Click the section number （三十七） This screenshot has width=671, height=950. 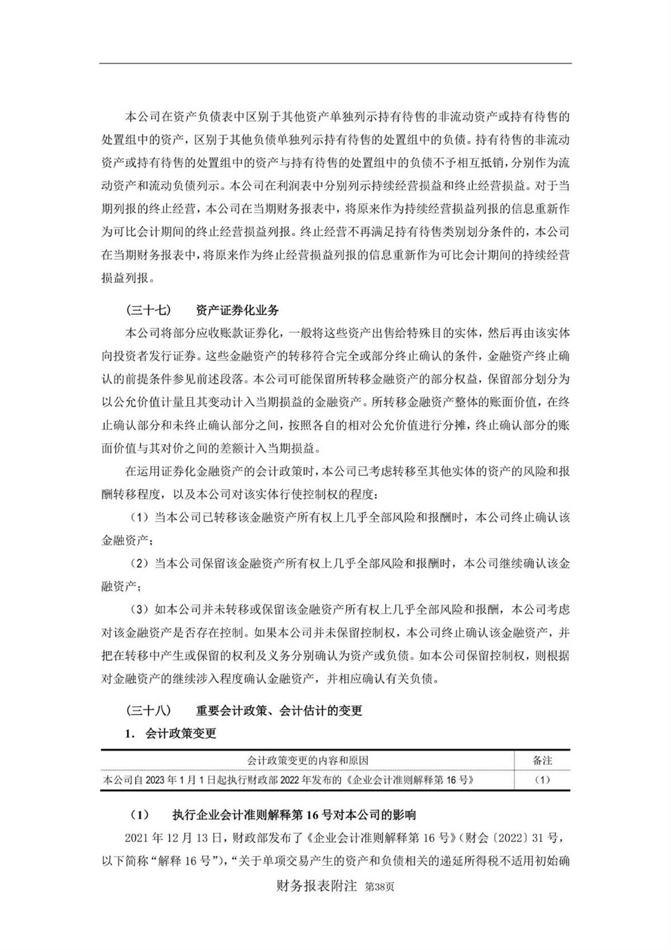[x=148, y=310]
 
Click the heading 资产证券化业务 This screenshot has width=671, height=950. [x=238, y=310]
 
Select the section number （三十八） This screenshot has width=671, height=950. [x=148, y=710]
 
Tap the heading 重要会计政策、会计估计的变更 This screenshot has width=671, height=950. [x=279, y=710]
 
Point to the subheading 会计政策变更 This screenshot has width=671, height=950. [x=181, y=733]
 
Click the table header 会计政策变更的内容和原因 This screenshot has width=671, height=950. [x=308, y=760]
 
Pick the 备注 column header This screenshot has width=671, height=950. [x=542, y=760]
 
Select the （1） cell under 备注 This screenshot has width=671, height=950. [x=542, y=779]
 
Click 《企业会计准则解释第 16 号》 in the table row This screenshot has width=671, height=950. [x=411, y=779]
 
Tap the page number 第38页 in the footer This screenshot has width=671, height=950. [x=379, y=887]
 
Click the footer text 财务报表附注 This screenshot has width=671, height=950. [x=316, y=886]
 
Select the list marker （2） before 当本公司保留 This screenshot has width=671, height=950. [x=140, y=563]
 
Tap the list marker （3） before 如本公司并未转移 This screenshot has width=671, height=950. [x=140, y=609]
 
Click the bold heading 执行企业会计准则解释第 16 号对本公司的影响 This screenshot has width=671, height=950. [x=294, y=815]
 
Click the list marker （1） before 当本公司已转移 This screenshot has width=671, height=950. [x=140, y=517]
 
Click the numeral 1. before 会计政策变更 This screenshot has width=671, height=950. [x=130, y=733]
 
